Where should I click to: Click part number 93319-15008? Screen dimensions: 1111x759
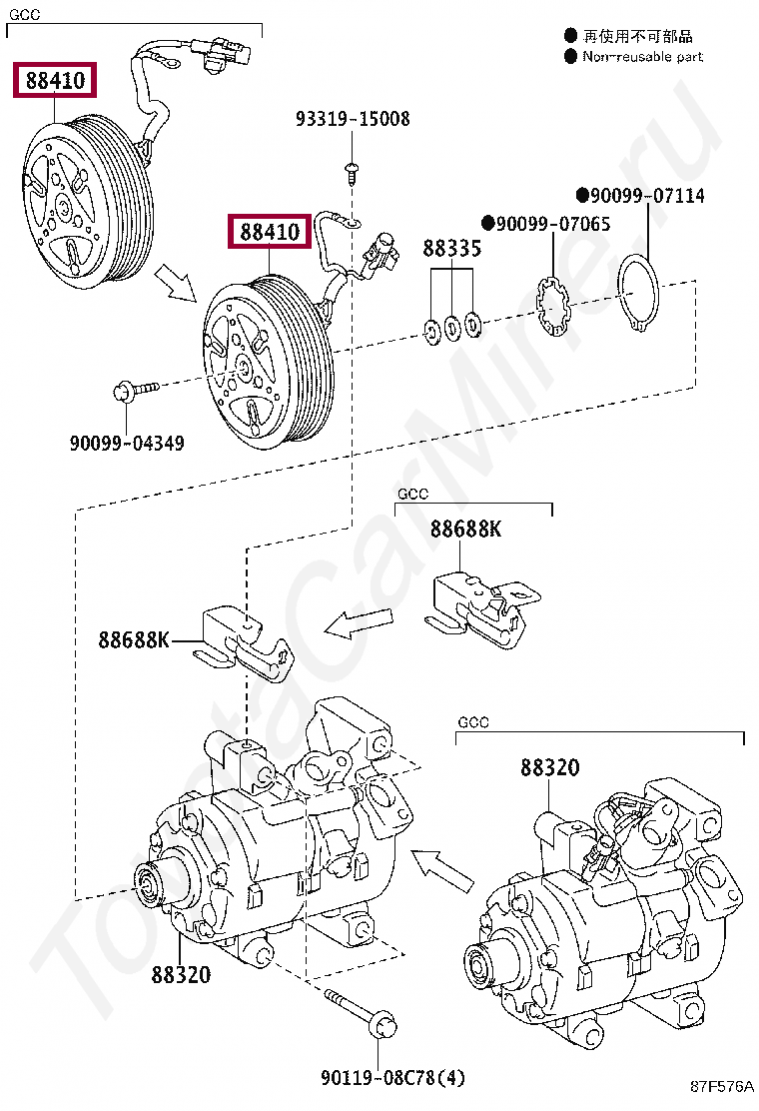(352, 120)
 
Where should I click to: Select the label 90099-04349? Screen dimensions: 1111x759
(127, 443)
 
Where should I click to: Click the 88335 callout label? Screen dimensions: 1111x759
(451, 249)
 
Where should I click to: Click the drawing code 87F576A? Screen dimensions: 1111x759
(720, 1086)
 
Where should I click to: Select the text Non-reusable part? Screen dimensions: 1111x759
(642, 57)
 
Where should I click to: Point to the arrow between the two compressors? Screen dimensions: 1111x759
(442, 870)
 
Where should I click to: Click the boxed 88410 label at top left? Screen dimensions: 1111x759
(54, 81)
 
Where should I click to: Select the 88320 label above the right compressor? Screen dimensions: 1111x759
(549, 768)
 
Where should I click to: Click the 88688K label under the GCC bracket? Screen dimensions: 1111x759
(465, 530)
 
